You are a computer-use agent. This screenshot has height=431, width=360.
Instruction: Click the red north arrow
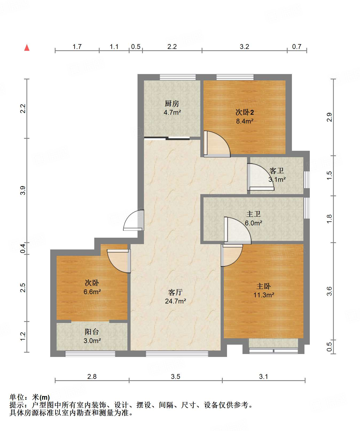point(27,48)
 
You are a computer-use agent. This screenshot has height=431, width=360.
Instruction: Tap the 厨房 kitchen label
point(172,103)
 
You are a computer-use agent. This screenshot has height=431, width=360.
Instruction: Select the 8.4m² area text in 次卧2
point(245,121)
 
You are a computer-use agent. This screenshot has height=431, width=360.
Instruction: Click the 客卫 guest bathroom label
point(277,171)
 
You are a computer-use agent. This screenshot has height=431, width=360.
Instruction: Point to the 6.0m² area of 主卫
point(253,223)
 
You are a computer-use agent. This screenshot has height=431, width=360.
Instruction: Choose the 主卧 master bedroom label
point(264,286)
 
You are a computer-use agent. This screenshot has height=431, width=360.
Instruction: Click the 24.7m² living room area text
point(175,301)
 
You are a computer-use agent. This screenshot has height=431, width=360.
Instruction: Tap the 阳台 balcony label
point(92,332)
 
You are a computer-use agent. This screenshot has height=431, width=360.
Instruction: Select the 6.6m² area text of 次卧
point(92,292)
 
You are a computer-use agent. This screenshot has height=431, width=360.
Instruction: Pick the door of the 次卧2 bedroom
point(217,144)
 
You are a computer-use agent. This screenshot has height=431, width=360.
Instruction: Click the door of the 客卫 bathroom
point(261,177)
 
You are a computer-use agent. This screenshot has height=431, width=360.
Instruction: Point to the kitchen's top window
point(178,77)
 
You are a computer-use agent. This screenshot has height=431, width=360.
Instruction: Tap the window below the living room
point(177,354)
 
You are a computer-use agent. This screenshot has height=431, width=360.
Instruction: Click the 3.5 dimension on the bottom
point(175,376)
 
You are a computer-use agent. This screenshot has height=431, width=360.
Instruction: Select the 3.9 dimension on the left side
point(23,190)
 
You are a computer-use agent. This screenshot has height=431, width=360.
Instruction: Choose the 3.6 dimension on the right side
point(329,291)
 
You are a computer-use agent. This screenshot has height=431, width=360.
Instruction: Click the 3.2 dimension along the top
point(244,47)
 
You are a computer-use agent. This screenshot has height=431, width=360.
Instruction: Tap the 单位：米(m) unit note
point(30,397)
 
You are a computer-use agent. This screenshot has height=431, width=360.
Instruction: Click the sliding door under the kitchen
point(167,138)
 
